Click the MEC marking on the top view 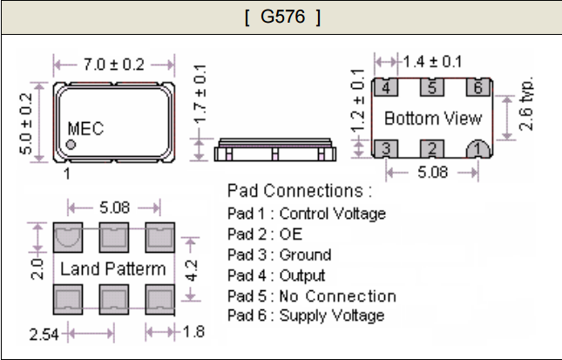tap(85, 129)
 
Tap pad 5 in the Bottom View tap(431, 88)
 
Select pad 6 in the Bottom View tap(475, 88)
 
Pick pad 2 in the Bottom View tap(431, 148)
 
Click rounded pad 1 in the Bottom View tap(475, 148)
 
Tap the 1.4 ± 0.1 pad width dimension tap(431, 62)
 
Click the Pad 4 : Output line tap(276, 275)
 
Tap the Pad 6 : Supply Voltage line tap(306, 316)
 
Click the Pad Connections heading tap(299, 190)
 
